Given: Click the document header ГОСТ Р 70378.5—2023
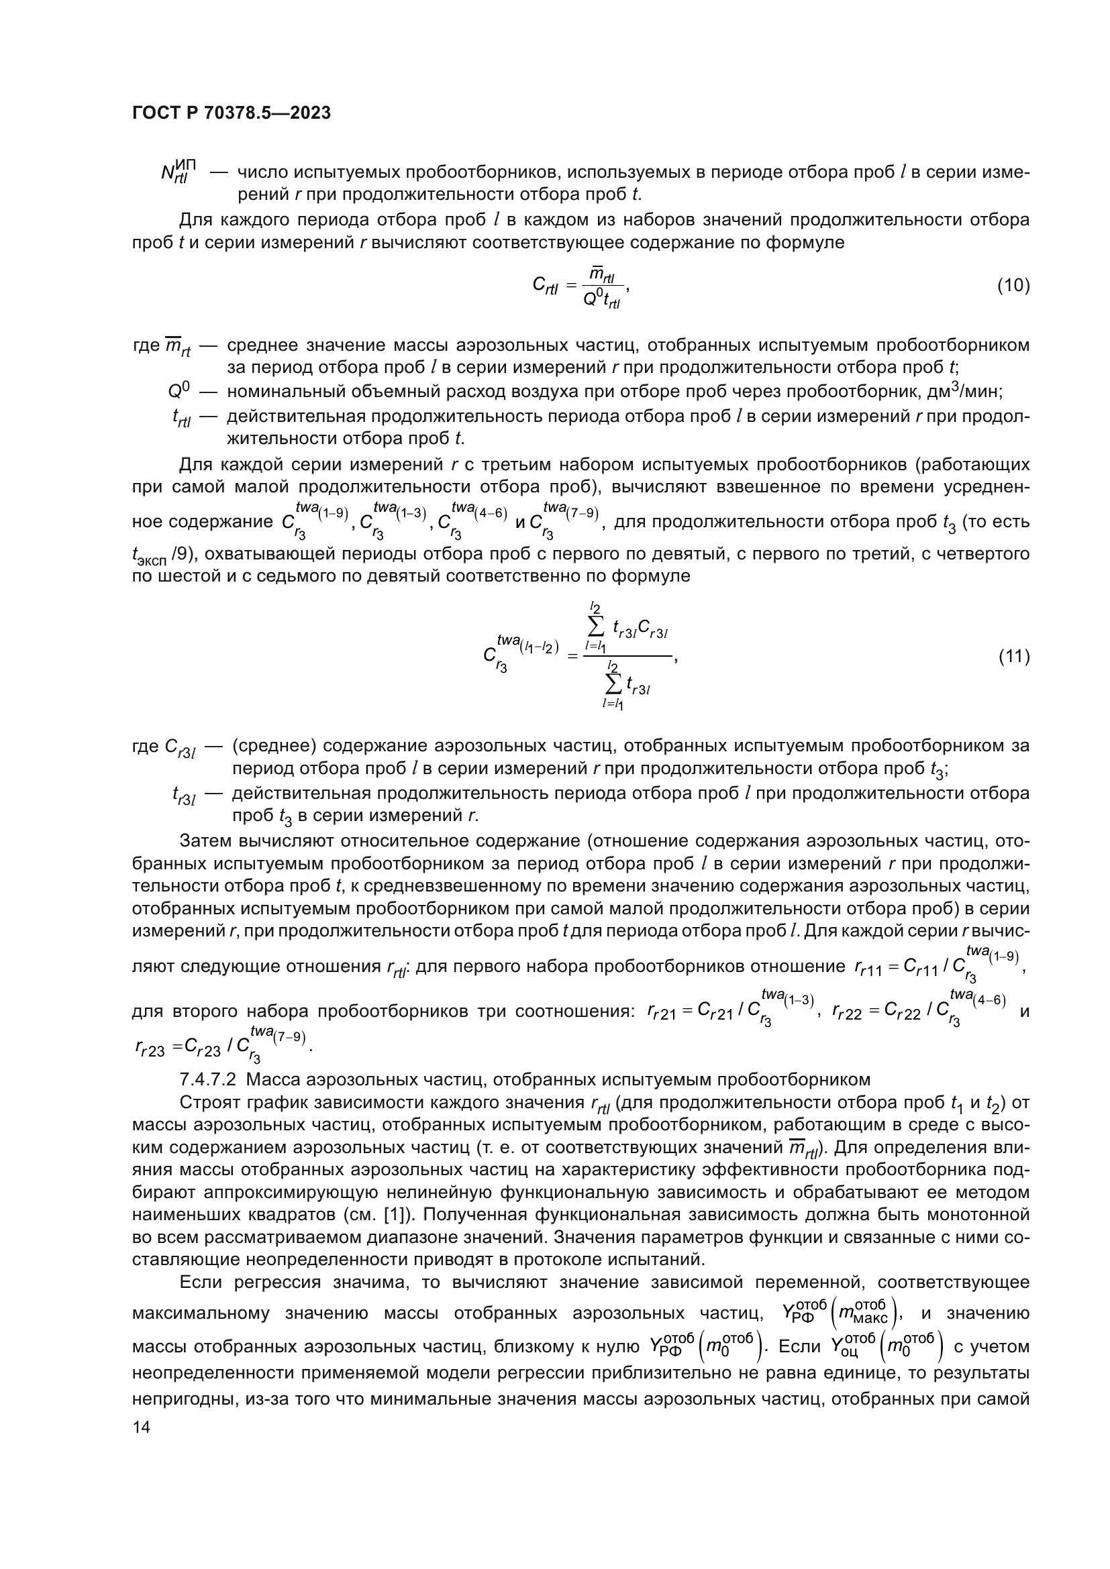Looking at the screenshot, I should [231, 113].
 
